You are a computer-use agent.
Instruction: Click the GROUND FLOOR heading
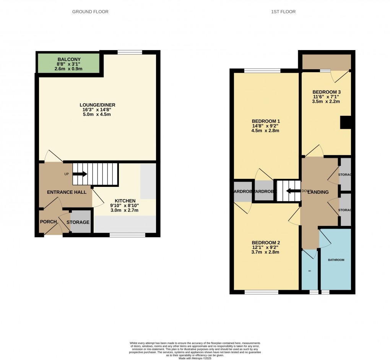pyautogui.click(x=90, y=12)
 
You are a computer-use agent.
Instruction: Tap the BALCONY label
pyautogui.click(x=69, y=59)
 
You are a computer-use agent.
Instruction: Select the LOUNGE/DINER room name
pyautogui.click(x=97, y=105)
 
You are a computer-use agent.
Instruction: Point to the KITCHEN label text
pyautogui.click(x=125, y=201)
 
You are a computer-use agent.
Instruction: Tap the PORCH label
pyautogui.click(x=48, y=222)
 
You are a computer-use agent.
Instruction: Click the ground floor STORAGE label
pyautogui.click(x=78, y=222)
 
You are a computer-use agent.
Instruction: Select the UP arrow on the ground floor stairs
pyautogui.click(x=80, y=174)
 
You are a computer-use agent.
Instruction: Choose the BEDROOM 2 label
pyautogui.click(x=266, y=243)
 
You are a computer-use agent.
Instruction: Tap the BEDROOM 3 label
pyautogui.click(x=326, y=92)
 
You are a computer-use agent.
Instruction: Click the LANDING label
pyautogui.click(x=318, y=192)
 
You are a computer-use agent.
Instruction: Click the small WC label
pyautogui.click(x=310, y=271)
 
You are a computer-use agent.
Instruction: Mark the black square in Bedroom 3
pyautogui.click(x=346, y=123)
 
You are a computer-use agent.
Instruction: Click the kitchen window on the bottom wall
pyautogui.click(x=127, y=235)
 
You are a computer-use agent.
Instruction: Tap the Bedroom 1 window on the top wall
pyautogui.click(x=262, y=70)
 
